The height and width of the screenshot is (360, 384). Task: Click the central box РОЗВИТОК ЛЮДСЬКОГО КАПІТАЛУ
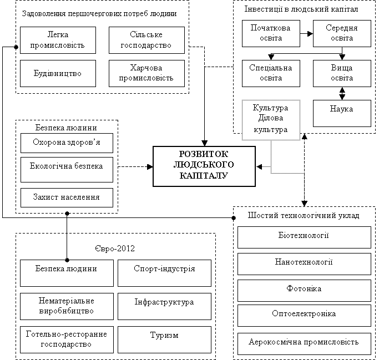point(204,166)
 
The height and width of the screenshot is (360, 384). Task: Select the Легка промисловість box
point(58,40)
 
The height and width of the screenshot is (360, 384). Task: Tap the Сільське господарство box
point(146,40)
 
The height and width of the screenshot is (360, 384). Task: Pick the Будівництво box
point(58,73)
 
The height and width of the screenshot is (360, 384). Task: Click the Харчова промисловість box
point(146,73)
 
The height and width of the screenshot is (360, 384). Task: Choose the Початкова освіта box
point(271,33)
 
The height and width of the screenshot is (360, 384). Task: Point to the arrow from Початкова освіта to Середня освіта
point(307,33)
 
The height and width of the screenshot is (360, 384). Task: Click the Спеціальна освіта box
point(271,73)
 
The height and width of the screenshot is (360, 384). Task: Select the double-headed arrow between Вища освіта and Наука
point(342,94)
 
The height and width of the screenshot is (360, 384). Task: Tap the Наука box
point(342,113)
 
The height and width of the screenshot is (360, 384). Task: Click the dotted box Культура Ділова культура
point(271,120)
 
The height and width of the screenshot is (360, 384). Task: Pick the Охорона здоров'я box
point(67,143)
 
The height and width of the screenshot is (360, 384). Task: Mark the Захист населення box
point(67,197)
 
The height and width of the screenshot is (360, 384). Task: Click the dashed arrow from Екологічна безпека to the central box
point(135,167)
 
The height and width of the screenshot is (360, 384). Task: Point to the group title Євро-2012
point(115,249)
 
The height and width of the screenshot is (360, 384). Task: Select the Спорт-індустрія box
point(164,273)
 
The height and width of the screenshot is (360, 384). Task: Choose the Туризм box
point(164,339)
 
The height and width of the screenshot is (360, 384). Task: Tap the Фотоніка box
point(304,291)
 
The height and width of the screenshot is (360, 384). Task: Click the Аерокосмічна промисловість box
point(304,343)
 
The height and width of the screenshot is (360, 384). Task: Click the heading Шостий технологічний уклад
point(304,216)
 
